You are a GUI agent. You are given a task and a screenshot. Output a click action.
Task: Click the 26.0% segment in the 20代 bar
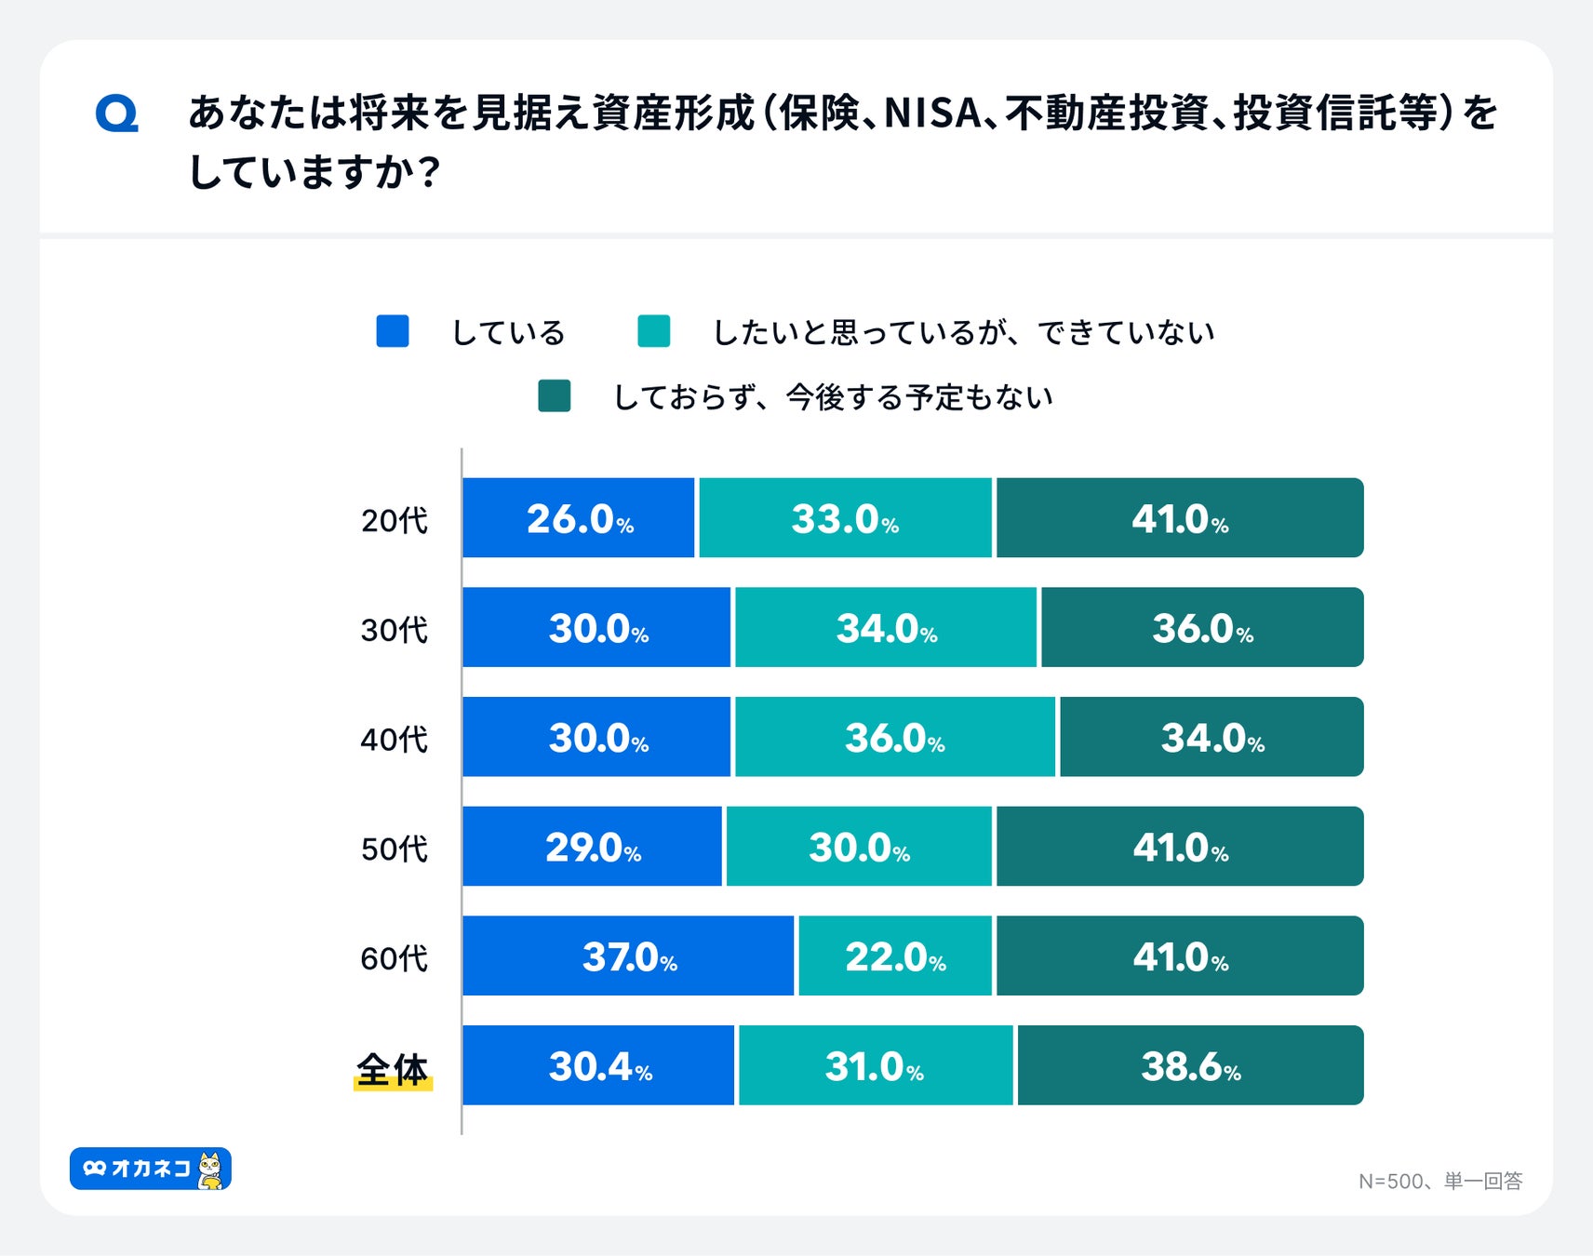(578, 518)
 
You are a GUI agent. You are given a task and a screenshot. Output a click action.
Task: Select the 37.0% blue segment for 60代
(628, 955)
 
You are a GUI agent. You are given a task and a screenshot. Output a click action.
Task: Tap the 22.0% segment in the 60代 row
(895, 955)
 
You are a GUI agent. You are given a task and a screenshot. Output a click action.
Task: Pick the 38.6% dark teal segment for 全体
(1190, 1065)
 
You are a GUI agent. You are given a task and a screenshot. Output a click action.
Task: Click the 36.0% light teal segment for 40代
(895, 737)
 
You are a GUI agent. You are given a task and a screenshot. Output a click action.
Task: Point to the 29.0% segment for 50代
(592, 847)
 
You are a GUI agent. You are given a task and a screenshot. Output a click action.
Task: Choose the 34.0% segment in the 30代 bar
(886, 627)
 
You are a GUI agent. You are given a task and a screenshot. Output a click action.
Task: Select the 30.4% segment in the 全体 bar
(598, 1065)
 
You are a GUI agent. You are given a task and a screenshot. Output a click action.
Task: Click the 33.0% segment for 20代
(845, 518)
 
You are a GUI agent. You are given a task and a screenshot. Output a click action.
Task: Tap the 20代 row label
(395, 520)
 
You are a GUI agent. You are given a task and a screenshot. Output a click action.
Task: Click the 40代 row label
(395, 740)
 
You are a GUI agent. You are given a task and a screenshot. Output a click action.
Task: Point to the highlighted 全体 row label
(393, 1070)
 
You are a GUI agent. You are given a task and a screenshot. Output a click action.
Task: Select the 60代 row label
(395, 958)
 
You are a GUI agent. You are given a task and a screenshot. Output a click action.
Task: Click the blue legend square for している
(393, 331)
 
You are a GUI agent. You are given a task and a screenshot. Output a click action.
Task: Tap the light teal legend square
(653, 331)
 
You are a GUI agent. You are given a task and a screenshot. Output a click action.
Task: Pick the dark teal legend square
(555, 395)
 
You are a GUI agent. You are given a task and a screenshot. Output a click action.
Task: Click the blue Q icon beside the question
(117, 114)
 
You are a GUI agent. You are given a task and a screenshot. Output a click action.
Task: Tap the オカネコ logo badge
(151, 1169)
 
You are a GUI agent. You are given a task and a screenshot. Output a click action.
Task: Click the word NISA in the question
(931, 114)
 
